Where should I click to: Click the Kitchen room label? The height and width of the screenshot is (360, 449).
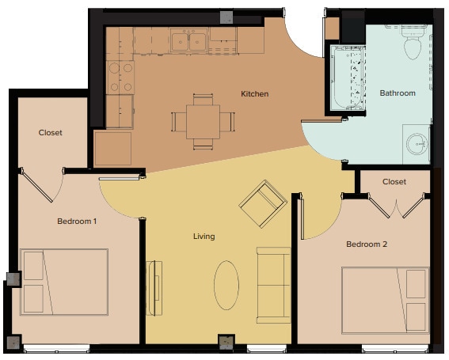(254, 94)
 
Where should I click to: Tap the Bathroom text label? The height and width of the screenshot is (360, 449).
(397, 93)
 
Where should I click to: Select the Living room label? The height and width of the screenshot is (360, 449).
(204, 237)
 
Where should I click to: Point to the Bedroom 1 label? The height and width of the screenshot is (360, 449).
(77, 222)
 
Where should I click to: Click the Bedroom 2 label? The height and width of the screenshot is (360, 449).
(367, 244)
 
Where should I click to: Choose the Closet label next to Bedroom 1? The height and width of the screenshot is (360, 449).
(50, 133)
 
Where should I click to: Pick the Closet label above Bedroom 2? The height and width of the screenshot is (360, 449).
(394, 182)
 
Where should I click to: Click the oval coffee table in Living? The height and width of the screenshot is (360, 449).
(226, 285)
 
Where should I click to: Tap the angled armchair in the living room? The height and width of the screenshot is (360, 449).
(263, 203)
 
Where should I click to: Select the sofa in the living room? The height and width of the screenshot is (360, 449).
(272, 285)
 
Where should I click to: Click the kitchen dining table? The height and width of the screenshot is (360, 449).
(204, 122)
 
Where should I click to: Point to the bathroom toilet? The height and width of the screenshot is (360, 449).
(411, 44)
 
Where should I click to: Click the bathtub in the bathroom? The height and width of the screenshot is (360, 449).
(346, 79)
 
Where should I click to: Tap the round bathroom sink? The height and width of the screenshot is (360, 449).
(417, 144)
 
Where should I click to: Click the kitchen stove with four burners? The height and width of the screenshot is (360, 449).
(120, 77)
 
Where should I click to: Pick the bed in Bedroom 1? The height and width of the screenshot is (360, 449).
(64, 282)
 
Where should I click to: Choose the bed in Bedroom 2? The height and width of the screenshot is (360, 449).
(385, 300)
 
